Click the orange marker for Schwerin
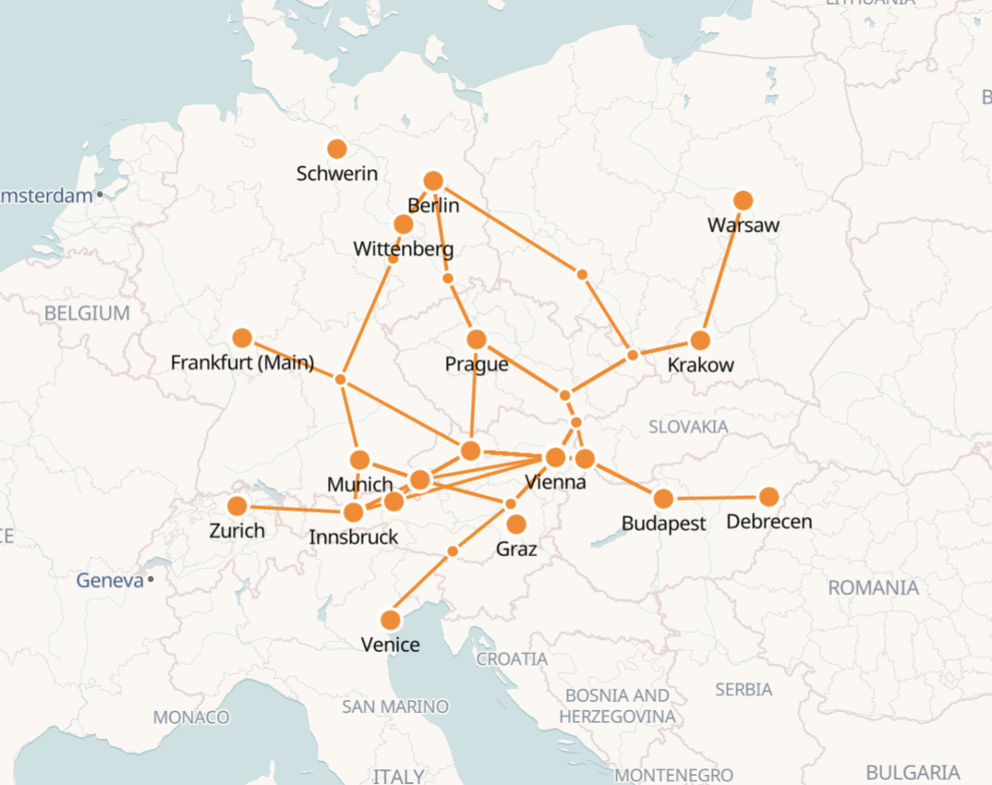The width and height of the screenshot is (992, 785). tap(337, 149)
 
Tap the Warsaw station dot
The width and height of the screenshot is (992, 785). tap(743, 200)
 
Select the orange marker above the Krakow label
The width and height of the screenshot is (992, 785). tap(700, 340)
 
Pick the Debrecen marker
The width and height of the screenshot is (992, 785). tap(768, 497)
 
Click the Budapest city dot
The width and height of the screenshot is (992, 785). tap(663, 500)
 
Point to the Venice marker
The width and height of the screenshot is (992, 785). tap(391, 620)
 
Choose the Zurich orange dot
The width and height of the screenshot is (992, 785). tap(237, 506)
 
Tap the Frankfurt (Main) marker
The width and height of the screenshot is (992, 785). tap(242, 338)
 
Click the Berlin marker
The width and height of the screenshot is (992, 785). tap(433, 181)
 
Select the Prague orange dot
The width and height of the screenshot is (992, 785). tap(477, 340)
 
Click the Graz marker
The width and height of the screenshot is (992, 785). tap(516, 525)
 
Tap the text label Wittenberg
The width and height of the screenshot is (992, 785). tap(403, 249)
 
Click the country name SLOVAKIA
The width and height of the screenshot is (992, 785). tap(688, 427)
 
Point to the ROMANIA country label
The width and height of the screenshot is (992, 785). tap(873, 588)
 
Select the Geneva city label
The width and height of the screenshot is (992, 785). tap(110, 581)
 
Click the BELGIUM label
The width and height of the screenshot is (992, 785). tap(87, 313)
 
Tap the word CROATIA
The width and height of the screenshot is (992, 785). tap(512, 659)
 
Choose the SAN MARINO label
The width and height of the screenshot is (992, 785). tap(394, 706)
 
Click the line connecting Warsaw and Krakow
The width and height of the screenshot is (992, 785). tap(721, 270)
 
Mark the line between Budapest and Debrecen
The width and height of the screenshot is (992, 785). tap(716, 499)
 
